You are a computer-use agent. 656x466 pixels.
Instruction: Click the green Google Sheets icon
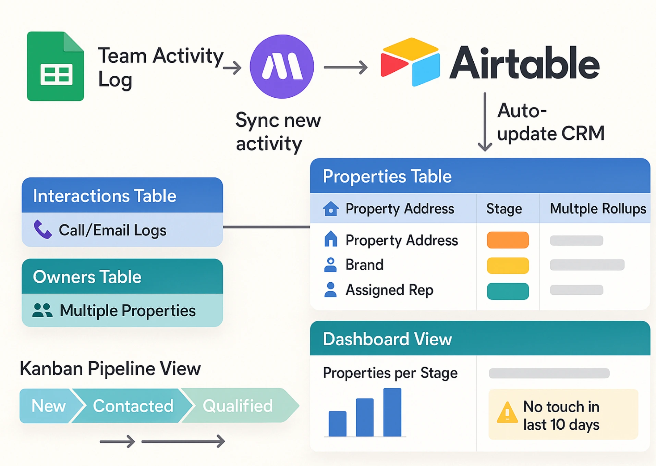tap(56, 66)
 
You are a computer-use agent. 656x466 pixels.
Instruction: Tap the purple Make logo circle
tap(282, 66)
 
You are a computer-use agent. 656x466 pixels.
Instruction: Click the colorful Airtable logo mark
tap(410, 62)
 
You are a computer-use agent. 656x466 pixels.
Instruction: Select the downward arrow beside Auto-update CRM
tap(485, 122)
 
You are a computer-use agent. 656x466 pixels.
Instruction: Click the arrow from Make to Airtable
tap(345, 67)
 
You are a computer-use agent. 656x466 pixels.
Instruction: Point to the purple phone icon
tap(43, 229)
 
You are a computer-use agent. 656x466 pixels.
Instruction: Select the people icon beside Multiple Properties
tap(42, 310)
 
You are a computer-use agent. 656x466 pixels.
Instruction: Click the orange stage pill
tap(508, 240)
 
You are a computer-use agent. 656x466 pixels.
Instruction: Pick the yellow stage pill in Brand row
tap(508, 266)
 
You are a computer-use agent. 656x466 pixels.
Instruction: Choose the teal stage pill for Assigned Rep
tap(508, 291)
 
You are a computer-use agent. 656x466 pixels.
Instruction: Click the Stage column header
tap(504, 209)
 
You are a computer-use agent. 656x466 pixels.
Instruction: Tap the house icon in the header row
tap(331, 208)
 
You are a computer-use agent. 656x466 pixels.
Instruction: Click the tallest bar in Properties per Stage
tap(392, 412)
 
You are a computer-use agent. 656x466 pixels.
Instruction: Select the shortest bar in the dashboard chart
tap(337, 424)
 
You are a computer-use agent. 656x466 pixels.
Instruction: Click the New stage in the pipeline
tap(49, 406)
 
